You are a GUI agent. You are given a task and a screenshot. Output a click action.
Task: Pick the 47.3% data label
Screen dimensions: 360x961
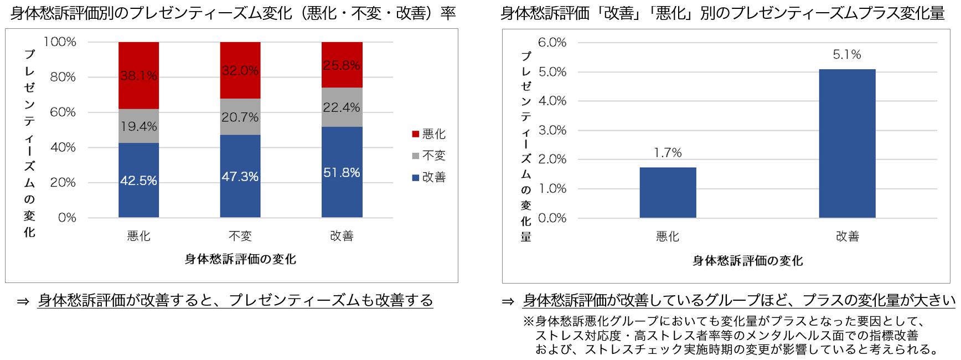pos(240,177)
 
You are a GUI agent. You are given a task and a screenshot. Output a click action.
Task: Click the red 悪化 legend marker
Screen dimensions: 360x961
pos(416,134)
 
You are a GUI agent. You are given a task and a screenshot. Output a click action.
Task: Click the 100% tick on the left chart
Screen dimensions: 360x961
pos(60,42)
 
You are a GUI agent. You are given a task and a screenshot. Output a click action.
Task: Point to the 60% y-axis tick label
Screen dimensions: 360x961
pos(63,112)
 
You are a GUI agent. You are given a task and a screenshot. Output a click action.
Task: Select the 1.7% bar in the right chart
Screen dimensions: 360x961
pos(668,192)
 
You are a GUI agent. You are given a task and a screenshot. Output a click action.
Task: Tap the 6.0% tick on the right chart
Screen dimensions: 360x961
pos(552,43)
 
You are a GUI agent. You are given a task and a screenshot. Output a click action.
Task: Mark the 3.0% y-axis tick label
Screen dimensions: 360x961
pos(552,130)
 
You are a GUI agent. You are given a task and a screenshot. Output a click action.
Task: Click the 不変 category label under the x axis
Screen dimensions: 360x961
pos(240,236)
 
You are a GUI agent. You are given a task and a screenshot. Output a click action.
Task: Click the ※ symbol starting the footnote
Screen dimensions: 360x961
pos(529,321)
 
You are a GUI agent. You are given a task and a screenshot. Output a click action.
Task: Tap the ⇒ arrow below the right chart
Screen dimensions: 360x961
pos(508,301)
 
